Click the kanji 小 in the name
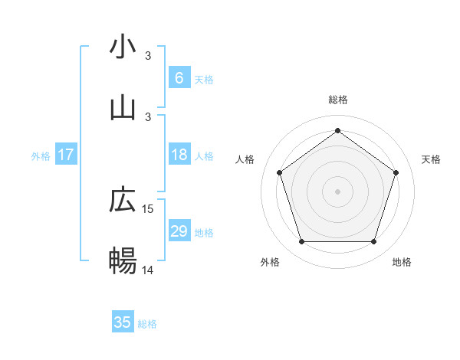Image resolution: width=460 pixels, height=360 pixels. (x=123, y=47)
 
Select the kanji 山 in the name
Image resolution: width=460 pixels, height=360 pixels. (x=123, y=108)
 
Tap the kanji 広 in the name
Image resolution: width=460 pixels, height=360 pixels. (x=123, y=200)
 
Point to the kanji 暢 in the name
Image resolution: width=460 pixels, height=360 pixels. (x=123, y=261)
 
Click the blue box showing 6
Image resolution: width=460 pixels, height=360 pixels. (x=179, y=78)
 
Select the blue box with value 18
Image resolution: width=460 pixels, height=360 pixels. (x=179, y=155)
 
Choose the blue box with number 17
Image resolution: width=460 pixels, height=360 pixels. (x=66, y=155)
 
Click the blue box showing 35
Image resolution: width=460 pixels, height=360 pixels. (x=123, y=322)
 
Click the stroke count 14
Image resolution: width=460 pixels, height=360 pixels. (x=148, y=270)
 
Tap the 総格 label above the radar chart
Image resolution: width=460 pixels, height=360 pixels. (x=337, y=100)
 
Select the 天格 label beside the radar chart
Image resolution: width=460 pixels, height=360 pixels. (x=431, y=159)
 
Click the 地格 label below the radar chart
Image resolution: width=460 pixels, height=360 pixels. (x=402, y=263)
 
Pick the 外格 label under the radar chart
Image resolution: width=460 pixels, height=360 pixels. (x=270, y=263)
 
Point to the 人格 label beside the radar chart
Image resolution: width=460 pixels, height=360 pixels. (x=245, y=159)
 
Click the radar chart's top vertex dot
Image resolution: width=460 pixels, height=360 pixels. (x=337, y=131)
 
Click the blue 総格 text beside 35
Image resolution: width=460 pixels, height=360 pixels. (x=147, y=324)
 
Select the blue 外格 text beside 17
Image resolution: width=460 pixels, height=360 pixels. (x=41, y=156)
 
